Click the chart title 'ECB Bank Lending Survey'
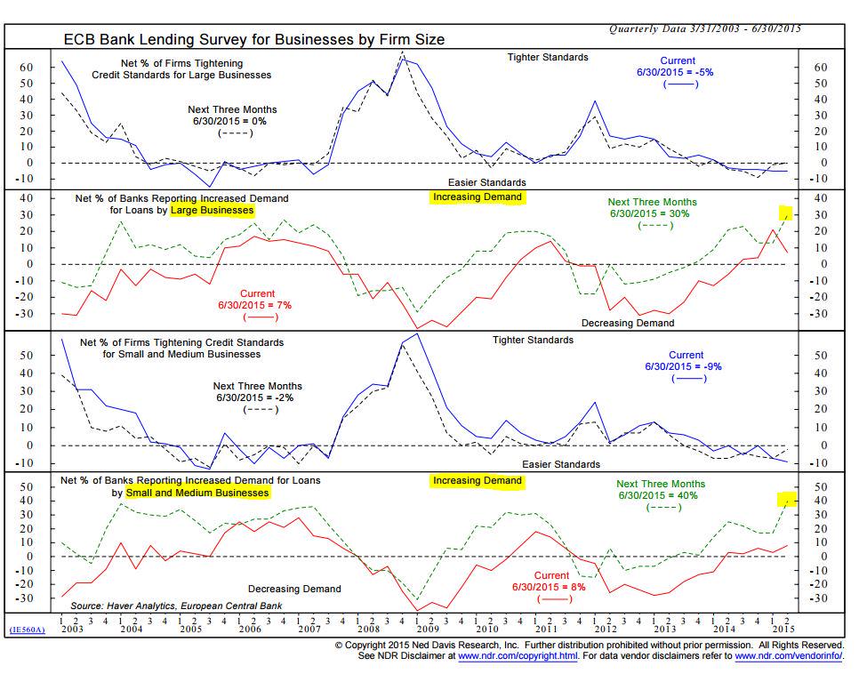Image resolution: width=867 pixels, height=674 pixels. [x=253, y=39]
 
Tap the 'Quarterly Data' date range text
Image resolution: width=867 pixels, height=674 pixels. [x=704, y=28]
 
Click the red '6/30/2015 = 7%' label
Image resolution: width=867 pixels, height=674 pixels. [x=257, y=305]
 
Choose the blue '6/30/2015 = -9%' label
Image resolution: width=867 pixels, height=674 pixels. [x=685, y=366]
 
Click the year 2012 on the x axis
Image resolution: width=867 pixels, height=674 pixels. [x=605, y=629]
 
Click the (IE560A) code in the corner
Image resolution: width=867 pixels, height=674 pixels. [x=26, y=629]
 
